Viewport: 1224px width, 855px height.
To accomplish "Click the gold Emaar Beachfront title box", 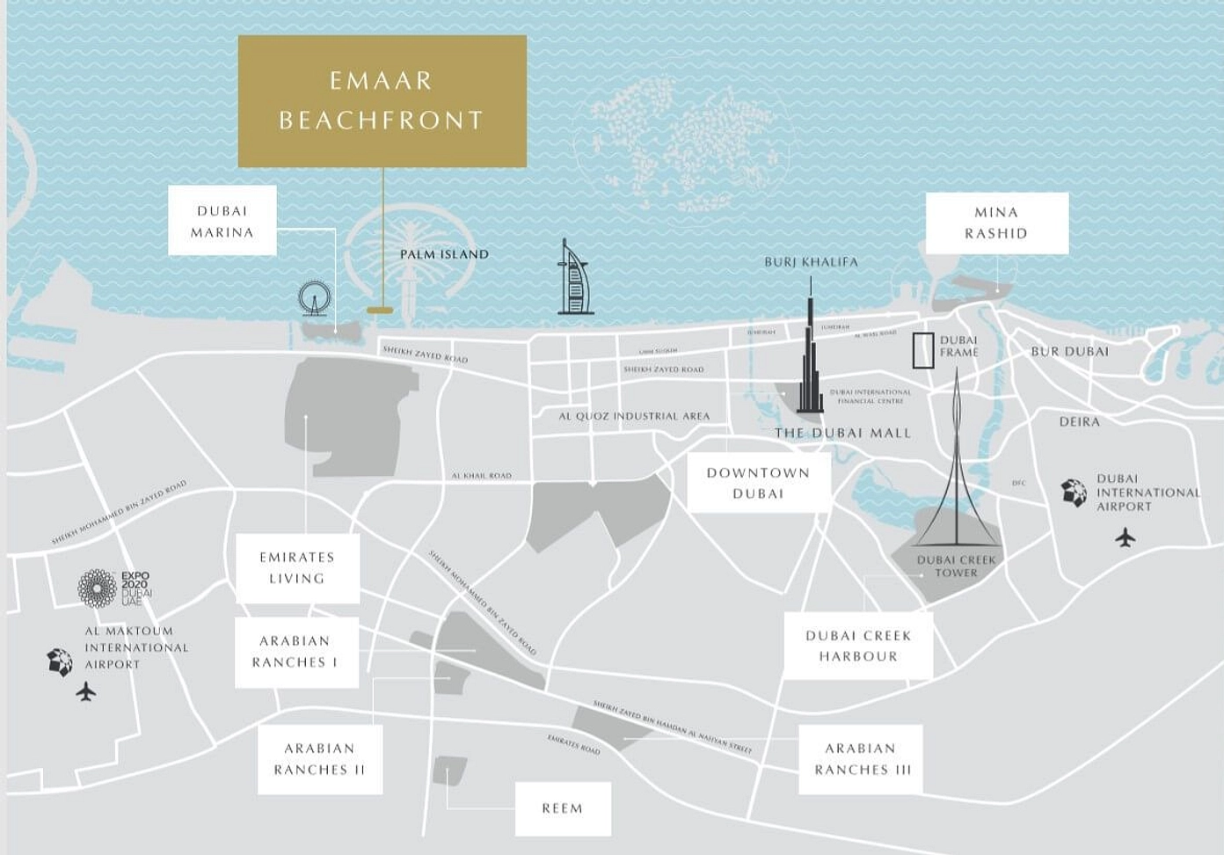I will (382, 101).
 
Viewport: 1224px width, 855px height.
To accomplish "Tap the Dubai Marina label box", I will (222, 221).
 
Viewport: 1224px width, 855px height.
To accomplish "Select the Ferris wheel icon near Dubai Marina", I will (313, 298).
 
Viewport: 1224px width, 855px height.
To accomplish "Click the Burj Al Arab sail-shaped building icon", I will (573, 280).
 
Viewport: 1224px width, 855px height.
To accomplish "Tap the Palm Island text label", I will (444, 254).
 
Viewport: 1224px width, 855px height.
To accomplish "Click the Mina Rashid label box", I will (996, 223).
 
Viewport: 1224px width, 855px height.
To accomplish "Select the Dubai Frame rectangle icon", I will (922, 350).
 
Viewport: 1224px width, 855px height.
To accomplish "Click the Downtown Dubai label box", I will (758, 483).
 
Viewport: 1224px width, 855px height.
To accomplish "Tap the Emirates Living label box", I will (297, 568).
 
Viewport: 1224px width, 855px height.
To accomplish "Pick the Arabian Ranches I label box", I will (295, 652).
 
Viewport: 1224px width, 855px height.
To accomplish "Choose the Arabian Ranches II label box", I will (319, 759).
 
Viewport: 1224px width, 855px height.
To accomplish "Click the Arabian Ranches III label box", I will (861, 759).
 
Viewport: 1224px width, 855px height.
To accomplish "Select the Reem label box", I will (563, 808).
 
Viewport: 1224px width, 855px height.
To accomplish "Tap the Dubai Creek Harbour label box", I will (858, 646).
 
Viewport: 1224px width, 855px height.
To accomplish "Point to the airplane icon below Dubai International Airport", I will (1125, 537).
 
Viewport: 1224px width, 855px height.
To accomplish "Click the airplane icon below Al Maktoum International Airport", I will (85, 692).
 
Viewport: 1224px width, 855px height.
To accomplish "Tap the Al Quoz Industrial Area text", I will (634, 416).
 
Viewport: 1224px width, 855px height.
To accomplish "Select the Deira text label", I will (1079, 422).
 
